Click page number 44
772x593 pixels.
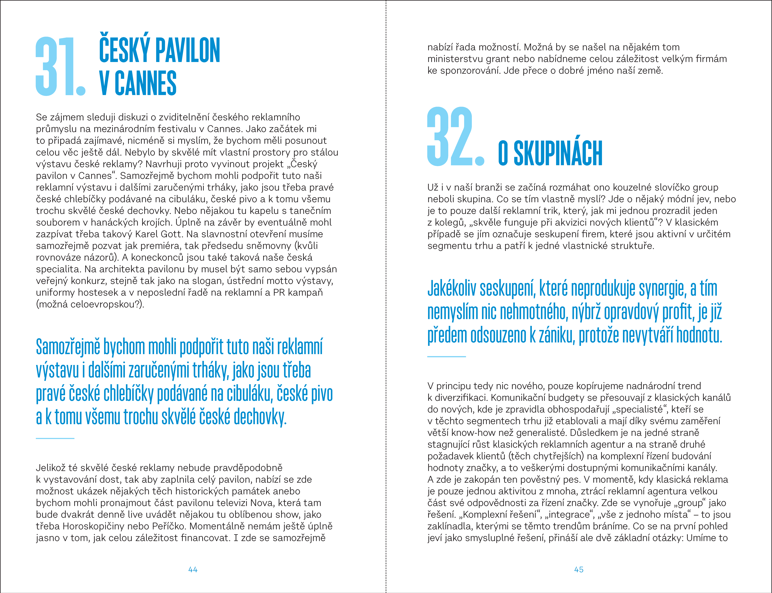[193, 569]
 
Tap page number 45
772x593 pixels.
[579, 569]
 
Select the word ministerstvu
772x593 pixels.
[455, 59]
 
